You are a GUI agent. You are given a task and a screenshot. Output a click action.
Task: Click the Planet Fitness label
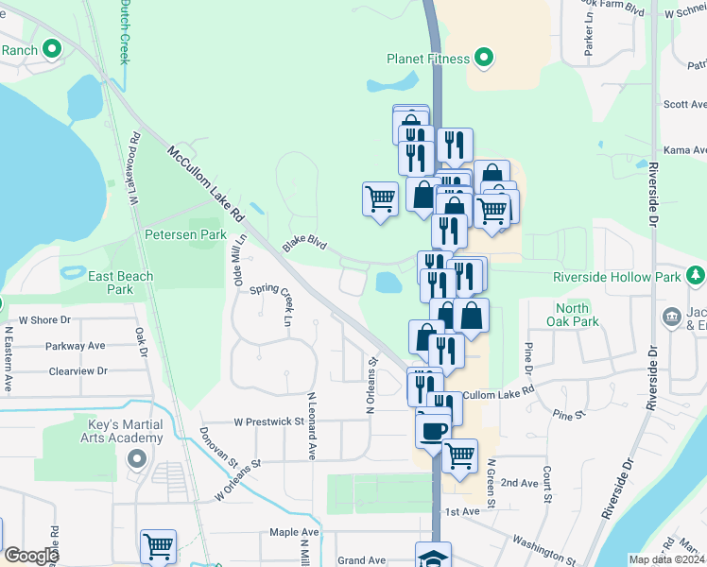(427, 59)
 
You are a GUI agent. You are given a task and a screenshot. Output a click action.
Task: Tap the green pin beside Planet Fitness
(484, 58)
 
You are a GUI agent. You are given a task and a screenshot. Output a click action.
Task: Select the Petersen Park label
(185, 233)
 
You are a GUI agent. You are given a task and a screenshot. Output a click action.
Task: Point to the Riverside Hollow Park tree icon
(697, 275)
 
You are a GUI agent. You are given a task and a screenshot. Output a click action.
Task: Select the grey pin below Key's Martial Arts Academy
(136, 459)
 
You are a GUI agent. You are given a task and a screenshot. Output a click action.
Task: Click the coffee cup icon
(433, 431)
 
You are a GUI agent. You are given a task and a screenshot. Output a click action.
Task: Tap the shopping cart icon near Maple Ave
(158, 546)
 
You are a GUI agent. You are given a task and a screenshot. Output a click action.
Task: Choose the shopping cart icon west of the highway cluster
(380, 199)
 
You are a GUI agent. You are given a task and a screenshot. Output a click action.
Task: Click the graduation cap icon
(433, 557)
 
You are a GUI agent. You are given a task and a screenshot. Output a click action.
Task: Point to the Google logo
(31, 556)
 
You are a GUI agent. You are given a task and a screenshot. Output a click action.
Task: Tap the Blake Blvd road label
(303, 244)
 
